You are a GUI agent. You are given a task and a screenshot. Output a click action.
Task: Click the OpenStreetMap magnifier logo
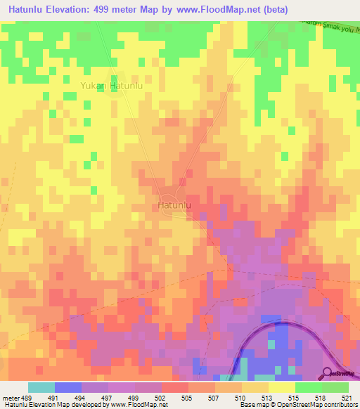[x=328, y=373]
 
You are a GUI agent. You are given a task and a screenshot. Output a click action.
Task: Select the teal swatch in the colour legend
[x=41, y=387]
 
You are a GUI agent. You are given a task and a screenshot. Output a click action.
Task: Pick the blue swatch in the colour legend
[x=68, y=387]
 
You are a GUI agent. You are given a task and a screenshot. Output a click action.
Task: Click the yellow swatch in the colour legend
[x=282, y=387]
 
